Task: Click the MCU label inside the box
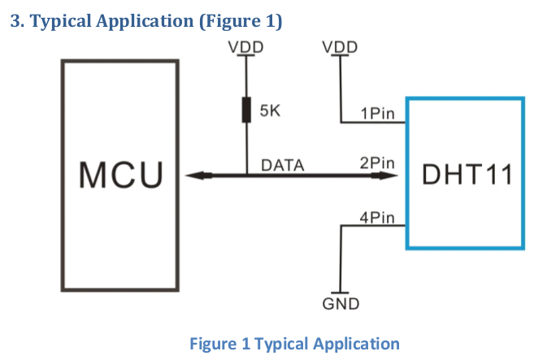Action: pos(121,175)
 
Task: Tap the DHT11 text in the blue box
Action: pos(467,175)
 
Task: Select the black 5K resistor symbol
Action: pos(246,110)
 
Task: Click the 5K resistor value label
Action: pos(270,111)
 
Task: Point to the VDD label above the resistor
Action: pos(246,47)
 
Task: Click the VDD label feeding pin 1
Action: pos(340,47)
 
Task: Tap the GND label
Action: pos(341,304)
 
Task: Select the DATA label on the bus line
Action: pos(283,165)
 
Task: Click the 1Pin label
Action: pos(378,114)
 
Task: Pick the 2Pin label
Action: pos(377,163)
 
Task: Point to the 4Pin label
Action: pos(377,218)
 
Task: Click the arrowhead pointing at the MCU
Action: pos(198,176)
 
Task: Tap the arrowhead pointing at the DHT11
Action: pos(384,176)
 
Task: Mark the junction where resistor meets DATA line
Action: pos(246,176)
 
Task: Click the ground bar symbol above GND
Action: pos(340,293)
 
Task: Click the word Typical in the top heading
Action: pos(60,21)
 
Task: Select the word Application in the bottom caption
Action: pos(356,344)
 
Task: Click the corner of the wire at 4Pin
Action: pos(341,225)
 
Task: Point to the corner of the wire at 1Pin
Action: pos(341,122)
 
